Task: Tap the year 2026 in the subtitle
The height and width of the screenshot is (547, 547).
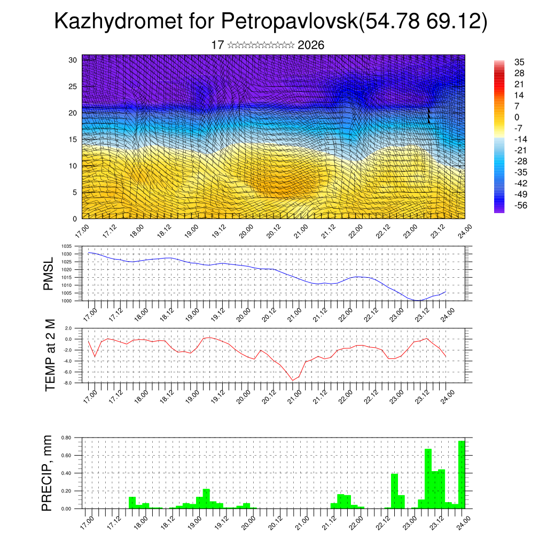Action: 311,45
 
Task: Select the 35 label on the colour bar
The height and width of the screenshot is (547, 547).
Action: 519,62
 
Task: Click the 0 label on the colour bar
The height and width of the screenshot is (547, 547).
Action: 517,117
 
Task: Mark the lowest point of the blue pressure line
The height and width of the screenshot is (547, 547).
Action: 417,300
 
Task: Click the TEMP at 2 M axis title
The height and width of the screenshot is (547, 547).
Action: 50,355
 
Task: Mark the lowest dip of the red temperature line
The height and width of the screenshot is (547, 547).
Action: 292,380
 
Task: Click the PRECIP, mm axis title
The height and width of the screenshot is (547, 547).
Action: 48,473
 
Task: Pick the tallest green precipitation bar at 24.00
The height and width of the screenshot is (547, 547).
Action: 462,474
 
